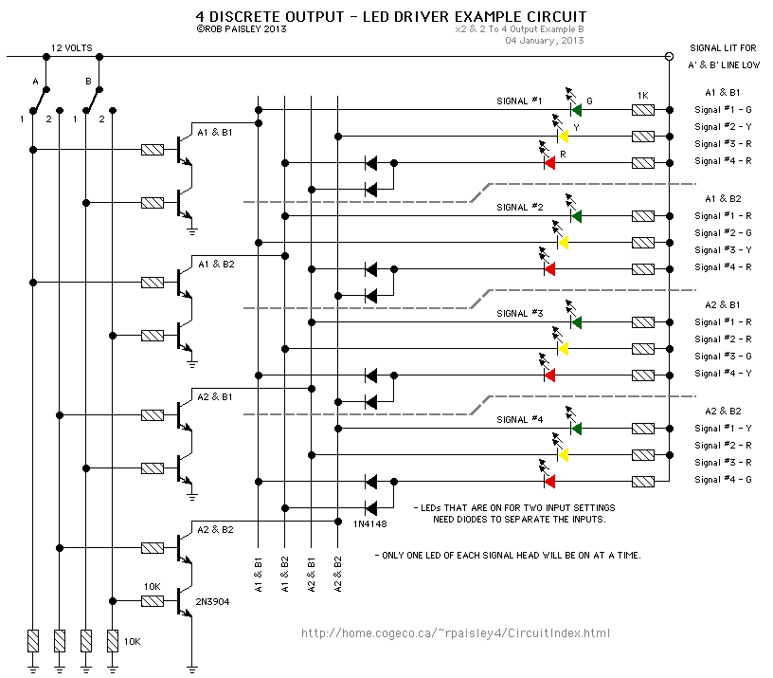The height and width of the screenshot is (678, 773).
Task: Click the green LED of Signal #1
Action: point(575,110)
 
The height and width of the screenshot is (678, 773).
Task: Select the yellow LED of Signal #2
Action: point(563,243)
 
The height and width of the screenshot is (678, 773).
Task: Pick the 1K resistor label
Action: point(643,96)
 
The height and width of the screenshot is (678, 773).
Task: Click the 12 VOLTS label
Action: point(72,46)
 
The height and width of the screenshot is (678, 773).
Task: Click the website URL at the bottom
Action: point(456,633)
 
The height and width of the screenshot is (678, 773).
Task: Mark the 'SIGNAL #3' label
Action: point(520,312)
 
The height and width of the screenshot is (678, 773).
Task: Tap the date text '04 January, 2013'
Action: point(544,41)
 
